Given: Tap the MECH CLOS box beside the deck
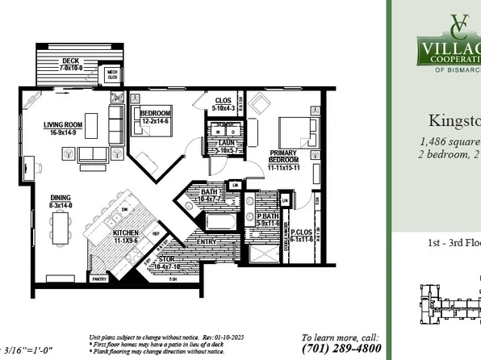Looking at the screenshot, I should pos(115,75).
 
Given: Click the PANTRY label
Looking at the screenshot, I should pos(99,278).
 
